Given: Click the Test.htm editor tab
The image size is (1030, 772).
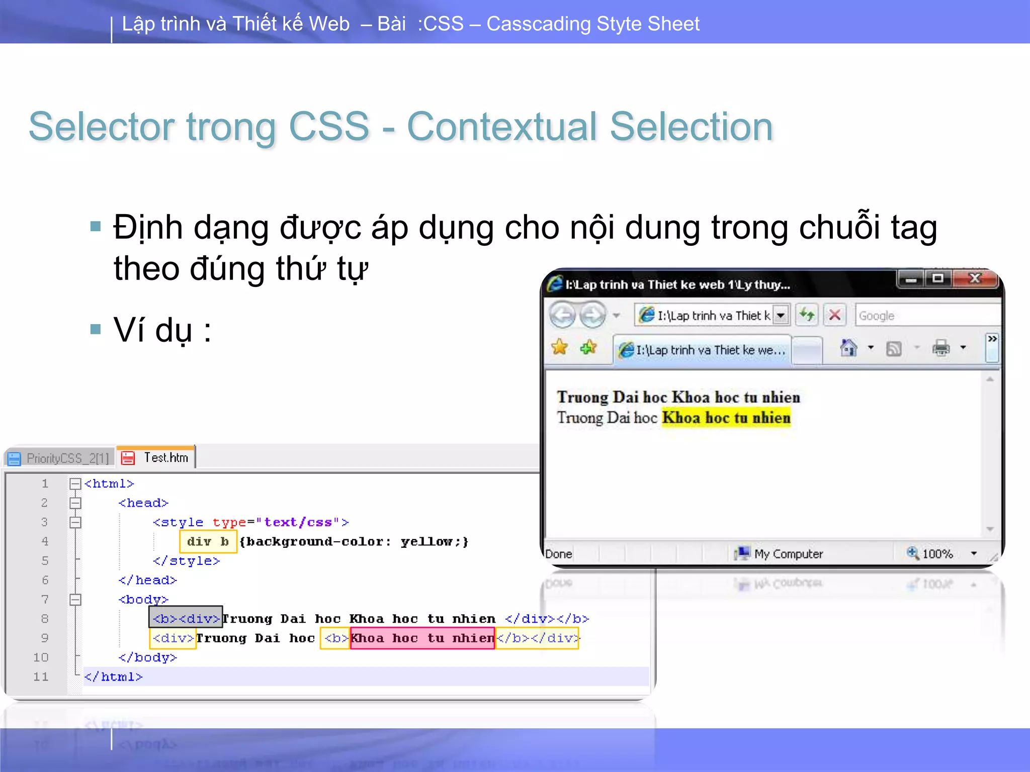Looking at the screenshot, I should click(157, 457).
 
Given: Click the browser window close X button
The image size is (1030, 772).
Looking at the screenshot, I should click(975, 278).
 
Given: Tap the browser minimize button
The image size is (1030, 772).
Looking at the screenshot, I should click(911, 278).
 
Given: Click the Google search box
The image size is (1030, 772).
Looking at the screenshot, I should click(925, 316).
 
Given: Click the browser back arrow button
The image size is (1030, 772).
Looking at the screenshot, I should click(562, 316).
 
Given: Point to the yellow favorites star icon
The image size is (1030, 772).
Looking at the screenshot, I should click(559, 347).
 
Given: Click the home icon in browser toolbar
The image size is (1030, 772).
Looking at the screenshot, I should click(848, 348).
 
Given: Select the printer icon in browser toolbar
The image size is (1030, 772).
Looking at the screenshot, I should click(941, 348).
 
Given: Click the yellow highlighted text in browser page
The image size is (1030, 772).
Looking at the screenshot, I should click(726, 418).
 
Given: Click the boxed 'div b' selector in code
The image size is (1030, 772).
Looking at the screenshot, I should click(208, 542).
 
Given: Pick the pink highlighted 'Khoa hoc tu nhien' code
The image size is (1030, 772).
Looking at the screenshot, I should click(422, 638).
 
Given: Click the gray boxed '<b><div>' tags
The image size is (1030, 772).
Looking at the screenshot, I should click(186, 618).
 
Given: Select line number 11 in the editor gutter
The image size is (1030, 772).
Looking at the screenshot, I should click(41, 677).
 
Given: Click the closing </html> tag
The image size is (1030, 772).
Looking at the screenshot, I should click(114, 677).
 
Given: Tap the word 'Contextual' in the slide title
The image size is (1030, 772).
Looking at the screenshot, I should click(501, 127).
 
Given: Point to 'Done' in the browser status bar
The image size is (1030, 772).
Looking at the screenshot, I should click(559, 554).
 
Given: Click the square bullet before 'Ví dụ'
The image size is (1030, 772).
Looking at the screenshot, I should click(96, 330).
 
